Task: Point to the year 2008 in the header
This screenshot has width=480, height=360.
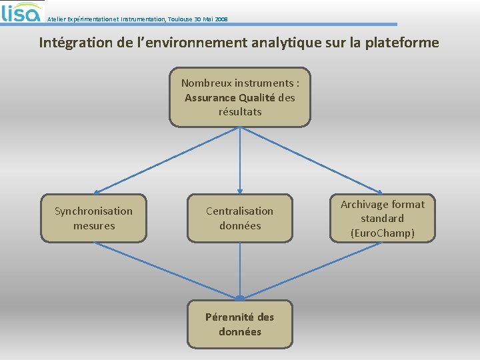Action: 221,19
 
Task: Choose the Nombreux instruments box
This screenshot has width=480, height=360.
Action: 240,97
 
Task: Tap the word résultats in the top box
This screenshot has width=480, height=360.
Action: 240,111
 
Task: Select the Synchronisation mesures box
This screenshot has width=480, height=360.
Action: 93,218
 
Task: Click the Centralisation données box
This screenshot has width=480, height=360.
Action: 240,218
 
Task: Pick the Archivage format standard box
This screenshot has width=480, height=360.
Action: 383,218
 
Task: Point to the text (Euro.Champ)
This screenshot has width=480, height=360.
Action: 383,233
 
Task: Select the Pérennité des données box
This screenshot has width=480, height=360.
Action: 240,324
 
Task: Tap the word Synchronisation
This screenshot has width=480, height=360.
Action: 93,211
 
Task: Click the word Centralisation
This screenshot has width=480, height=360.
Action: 240,211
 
